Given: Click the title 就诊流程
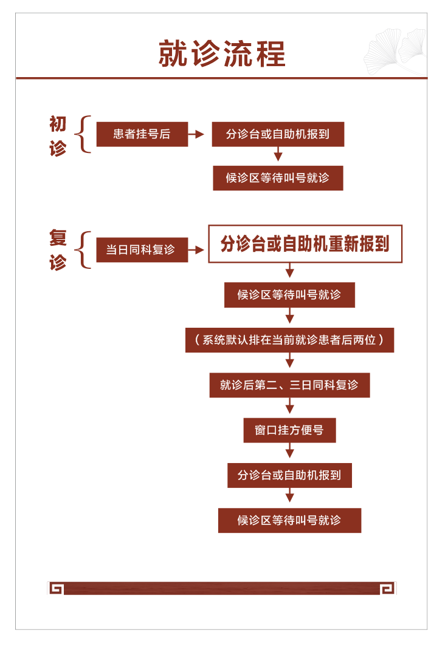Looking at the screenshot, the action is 222,53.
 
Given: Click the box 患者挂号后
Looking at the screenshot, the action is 142,134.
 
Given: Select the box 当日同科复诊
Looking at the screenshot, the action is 142,249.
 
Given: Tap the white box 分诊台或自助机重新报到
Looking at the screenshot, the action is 305,244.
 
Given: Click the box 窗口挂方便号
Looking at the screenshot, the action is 289,430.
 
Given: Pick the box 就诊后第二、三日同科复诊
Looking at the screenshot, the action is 289,385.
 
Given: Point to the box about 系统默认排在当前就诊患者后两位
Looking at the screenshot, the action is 289,340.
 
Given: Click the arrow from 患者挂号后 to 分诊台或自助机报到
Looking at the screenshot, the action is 196,134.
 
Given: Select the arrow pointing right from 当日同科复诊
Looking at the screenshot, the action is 196,249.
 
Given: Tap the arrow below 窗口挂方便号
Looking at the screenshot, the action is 290,450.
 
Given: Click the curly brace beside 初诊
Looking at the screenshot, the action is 83,134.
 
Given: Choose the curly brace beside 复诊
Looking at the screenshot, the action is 83,250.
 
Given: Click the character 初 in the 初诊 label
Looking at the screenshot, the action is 58,124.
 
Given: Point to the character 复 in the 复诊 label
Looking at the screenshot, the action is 58,237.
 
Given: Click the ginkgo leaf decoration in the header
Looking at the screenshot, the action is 395,52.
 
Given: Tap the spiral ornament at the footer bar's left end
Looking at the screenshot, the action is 56,588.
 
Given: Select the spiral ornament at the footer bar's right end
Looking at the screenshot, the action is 388,588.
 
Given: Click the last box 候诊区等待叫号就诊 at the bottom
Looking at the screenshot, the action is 289,520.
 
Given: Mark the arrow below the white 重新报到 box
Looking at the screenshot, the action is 290,270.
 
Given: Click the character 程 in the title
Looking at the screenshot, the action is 271,54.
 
